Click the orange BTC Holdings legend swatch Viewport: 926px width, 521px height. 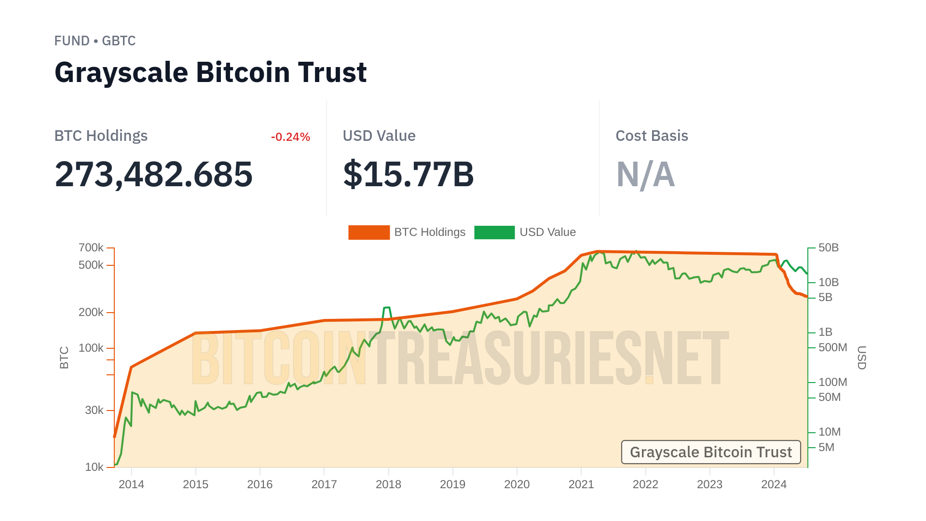369,233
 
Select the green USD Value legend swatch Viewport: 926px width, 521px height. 494,233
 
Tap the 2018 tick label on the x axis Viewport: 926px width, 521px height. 388,484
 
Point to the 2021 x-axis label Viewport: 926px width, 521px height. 581,484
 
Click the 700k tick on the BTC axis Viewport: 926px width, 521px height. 91,247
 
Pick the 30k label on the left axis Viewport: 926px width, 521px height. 94,410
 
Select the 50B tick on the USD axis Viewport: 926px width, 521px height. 829,247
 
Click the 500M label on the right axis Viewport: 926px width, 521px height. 833,347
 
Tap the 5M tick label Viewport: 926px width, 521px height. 827,447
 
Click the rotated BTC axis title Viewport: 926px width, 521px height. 64,357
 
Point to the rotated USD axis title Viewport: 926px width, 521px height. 861,357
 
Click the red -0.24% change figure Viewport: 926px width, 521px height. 290,137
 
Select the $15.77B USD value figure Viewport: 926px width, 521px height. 409,174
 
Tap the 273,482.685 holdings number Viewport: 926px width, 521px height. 153,174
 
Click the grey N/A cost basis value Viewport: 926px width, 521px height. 645,174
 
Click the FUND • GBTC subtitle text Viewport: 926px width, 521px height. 95,41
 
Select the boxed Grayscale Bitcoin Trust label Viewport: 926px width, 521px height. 710,452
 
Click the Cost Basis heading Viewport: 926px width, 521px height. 652,136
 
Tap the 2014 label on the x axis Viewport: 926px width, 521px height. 131,484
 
